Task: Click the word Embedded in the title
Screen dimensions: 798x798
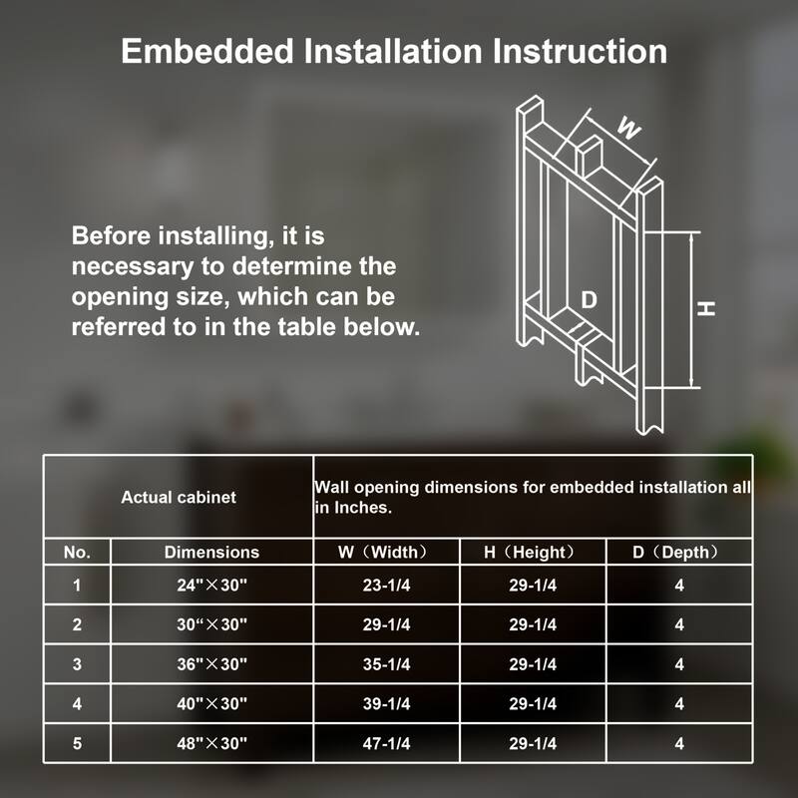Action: pos(207,52)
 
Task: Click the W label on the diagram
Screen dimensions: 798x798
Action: pos(628,128)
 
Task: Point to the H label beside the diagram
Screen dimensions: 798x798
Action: pos(706,308)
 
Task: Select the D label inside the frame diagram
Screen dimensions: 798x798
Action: pos(589,300)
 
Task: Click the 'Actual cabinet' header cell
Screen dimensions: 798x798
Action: pos(179,497)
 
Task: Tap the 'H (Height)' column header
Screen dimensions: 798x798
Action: pos(530,553)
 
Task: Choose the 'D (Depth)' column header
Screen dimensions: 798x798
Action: pos(676,553)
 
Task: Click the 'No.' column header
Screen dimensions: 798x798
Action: pos(77,553)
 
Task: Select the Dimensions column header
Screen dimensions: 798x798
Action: pos(211,553)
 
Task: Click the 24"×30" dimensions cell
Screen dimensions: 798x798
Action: pos(211,586)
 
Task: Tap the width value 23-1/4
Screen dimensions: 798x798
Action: pos(386,586)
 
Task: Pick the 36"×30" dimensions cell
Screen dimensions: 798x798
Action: pos(211,664)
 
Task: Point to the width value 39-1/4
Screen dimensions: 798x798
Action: pos(386,704)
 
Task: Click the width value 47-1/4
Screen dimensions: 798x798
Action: pos(386,743)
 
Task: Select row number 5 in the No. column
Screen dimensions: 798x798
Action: pos(77,743)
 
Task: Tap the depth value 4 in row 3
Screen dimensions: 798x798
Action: pos(679,664)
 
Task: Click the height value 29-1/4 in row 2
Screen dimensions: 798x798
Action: pos(533,624)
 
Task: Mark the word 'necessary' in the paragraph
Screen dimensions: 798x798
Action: pos(133,267)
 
